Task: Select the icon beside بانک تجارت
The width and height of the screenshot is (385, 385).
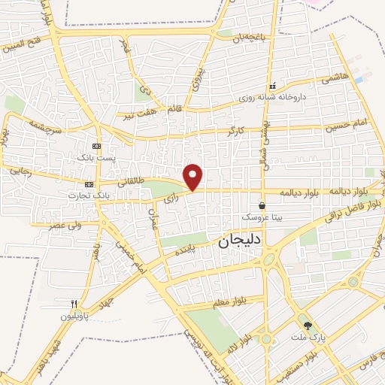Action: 89,184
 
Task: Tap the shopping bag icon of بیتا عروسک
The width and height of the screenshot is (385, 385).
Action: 262,205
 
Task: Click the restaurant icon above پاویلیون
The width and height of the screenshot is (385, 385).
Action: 74,304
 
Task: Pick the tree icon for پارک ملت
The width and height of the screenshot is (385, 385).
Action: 308,326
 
